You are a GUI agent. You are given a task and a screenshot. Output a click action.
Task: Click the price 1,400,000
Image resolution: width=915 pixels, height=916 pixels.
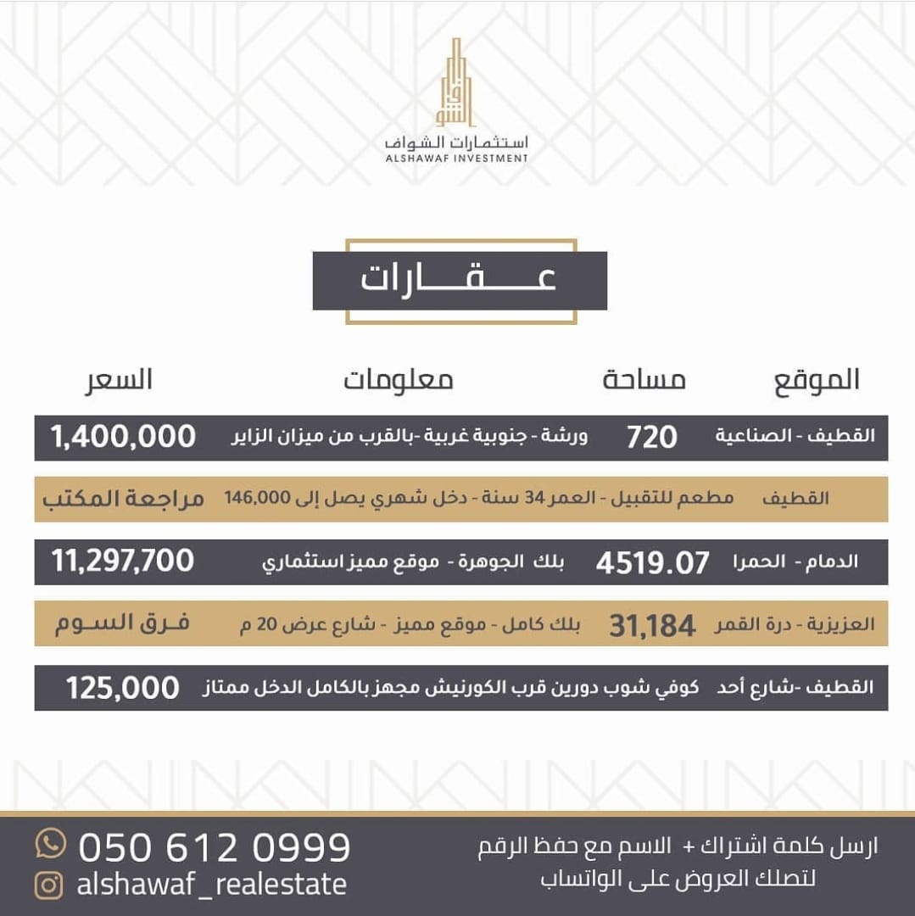[x=123, y=438]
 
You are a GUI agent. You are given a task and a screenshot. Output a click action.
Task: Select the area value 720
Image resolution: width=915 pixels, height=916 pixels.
[x=652, y=438]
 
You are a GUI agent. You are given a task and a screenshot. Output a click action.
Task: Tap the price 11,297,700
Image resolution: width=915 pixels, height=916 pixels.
[x=123, y=561]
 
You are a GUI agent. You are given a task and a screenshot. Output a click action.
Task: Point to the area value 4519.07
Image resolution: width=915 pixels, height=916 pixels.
[x=653, y=563]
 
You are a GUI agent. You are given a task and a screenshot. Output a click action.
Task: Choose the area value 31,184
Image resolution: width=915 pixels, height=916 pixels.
[x=652, y=626]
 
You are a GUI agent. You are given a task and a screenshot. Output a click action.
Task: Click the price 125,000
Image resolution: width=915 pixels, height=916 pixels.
[x=123, y=688]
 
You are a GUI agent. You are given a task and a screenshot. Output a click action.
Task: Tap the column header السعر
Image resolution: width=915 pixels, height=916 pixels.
[x=119, y=380]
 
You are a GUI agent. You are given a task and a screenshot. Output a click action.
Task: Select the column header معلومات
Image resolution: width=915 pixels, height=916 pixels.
[x=398, y=380]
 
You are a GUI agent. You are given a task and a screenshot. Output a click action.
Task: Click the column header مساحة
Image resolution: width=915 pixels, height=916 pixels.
[x=644, y=380]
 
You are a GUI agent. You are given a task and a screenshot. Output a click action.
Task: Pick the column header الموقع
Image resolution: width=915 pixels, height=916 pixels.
[x=816, y=380]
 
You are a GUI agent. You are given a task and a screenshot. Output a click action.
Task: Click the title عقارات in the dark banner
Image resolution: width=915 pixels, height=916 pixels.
[x=459, y=281]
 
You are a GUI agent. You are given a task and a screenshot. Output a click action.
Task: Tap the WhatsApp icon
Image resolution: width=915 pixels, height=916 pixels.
[x=51, y=844]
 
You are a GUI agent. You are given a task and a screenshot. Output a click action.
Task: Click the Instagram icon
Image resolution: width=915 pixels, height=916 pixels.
[x=49, y=885]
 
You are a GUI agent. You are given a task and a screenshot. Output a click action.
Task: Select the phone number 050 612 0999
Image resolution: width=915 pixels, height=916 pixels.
[x=215, y=846]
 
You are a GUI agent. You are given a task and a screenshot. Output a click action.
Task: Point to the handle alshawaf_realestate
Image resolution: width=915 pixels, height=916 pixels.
[x=212, y=885]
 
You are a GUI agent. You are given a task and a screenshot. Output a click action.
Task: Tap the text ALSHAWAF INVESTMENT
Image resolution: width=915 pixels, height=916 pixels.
[x=456, y=158]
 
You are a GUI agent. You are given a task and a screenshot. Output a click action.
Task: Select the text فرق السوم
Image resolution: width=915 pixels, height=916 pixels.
[x=123, y=624]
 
